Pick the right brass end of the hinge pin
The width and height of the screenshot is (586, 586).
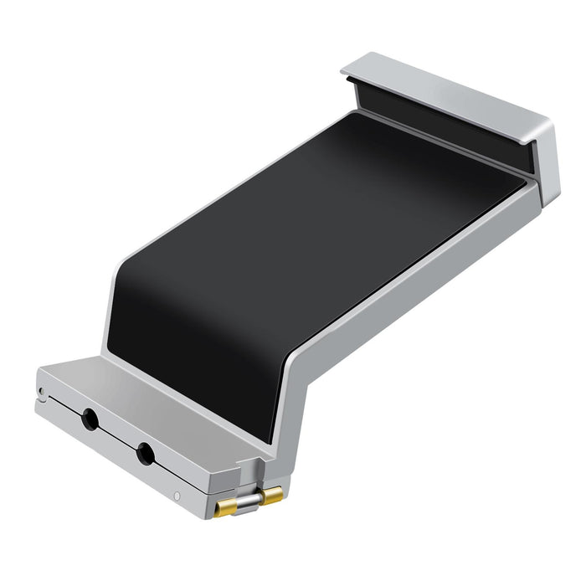[x=272, y=496]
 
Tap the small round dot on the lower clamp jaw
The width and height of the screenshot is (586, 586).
[x=177, y=497]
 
